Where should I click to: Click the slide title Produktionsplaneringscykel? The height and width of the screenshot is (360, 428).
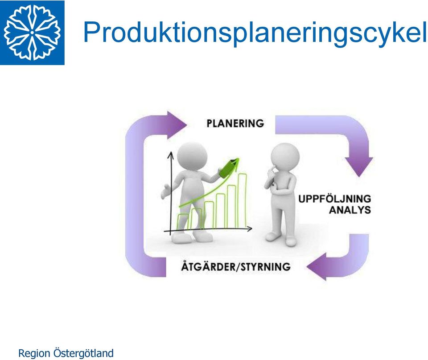tap(255, 33)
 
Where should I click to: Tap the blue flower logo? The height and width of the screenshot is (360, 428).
tap(32, 33)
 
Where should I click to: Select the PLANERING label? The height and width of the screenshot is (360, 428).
tap(235, 123)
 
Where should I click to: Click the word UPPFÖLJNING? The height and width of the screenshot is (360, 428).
tap(334, 199)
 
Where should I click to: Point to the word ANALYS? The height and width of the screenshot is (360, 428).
tap(350, 210)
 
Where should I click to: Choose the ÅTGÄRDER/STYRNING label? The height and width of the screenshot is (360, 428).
tap(236, 266)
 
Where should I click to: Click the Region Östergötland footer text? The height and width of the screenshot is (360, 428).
tap(66, 353)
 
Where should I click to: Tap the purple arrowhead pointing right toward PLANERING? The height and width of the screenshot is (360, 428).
tap(176, 125)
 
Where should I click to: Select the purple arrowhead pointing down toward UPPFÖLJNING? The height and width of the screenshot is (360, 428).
tap(359, 166)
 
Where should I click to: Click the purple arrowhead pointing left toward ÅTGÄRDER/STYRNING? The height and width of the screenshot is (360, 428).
tap(317, 266)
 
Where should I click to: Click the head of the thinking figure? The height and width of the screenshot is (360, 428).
tap(285, 156)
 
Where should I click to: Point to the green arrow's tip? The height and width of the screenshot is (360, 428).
tap(238, 159)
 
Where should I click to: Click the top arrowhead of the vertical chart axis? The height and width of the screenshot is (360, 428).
tap(171, 155)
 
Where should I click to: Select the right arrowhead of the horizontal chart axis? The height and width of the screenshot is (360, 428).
tap(249, 229)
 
